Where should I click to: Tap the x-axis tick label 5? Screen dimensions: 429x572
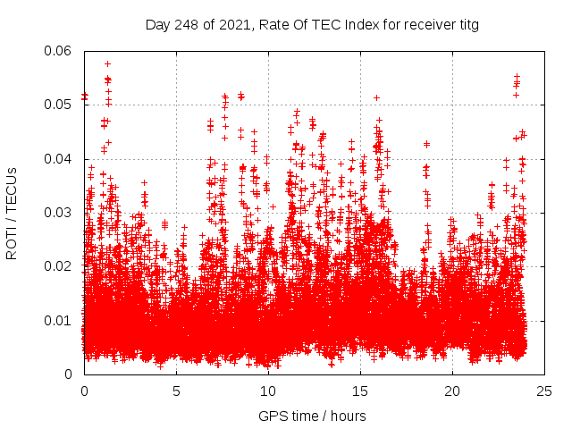[176, 391]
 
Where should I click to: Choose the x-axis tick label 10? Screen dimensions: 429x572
[268, 391]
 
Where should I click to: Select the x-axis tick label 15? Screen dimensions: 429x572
[360, 391]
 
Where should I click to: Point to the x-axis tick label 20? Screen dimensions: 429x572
[452, 391]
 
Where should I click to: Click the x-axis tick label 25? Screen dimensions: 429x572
[544, 391]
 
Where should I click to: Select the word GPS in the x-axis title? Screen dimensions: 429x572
[271, 416]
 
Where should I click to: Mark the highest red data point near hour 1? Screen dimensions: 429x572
[107, 63]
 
